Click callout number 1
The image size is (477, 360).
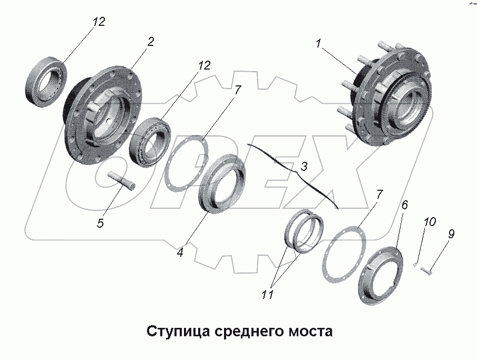(318, 45)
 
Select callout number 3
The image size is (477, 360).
(304, 167)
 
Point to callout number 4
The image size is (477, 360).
(180, 252)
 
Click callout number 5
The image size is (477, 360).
(100, 223)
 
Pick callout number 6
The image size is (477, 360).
(404, 205)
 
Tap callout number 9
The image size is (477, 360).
(451, 233)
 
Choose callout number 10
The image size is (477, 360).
(430, 222)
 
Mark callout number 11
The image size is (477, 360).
(268, 295)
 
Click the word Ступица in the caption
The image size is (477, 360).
(178, 332)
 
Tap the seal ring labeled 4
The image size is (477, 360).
(221, 182)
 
